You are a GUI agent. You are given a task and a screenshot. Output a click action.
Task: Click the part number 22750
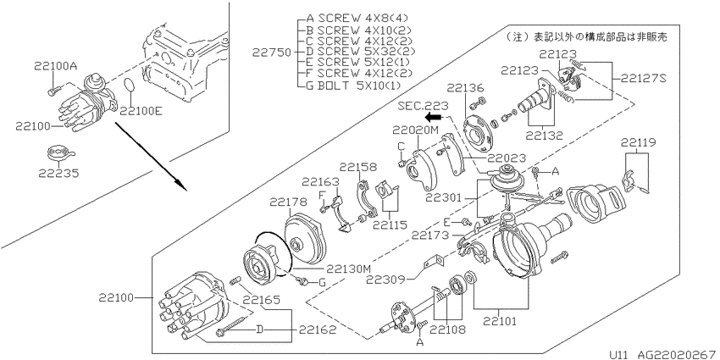271,53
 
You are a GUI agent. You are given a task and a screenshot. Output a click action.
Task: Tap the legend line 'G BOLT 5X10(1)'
353,85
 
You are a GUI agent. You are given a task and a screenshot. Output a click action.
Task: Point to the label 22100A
55,66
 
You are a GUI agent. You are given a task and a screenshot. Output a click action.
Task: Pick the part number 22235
58,174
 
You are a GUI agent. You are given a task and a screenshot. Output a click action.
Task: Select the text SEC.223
418,106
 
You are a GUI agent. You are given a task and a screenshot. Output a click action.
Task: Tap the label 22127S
643,78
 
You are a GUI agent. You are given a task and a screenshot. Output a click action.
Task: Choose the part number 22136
466,87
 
